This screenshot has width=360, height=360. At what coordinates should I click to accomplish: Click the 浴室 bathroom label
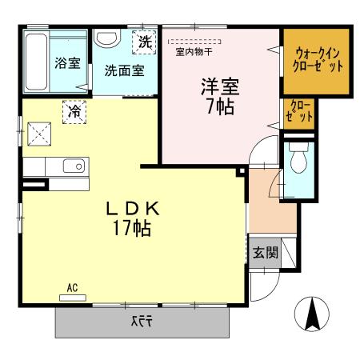[67, 62]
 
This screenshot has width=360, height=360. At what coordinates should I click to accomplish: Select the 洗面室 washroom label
[124, 70]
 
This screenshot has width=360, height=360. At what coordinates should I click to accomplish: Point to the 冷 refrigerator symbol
[74, 111]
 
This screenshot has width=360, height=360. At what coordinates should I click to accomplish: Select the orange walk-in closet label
[316, 60]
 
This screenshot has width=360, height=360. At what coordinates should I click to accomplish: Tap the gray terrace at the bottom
[142, 322]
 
